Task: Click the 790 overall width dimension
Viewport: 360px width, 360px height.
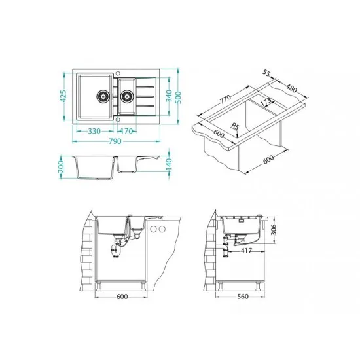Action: pyautogui.click(x=115, y=141)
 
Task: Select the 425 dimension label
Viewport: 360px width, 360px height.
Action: pyautogui.click(x=63, y=96)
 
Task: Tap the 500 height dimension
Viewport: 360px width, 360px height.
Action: pyautogui.click(x=179, y=98)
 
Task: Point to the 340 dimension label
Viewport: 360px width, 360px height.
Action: pyautogui.click(x=169, y=96)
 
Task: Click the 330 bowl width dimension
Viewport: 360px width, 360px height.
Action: pyautogui.click(x=94, y=131)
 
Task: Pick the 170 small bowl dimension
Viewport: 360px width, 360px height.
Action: pyautogui.click(x=126, y=131)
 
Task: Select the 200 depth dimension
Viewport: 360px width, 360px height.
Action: pyautogui.click(x=61, y=167)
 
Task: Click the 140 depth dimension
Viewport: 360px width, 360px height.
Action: pyautogui.click(x=169, y=164)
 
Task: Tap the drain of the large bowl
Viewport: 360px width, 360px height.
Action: pyautogui.click(x=103, y=96)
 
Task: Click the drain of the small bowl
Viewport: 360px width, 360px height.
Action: pyautogui.click(x=127, y=96)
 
